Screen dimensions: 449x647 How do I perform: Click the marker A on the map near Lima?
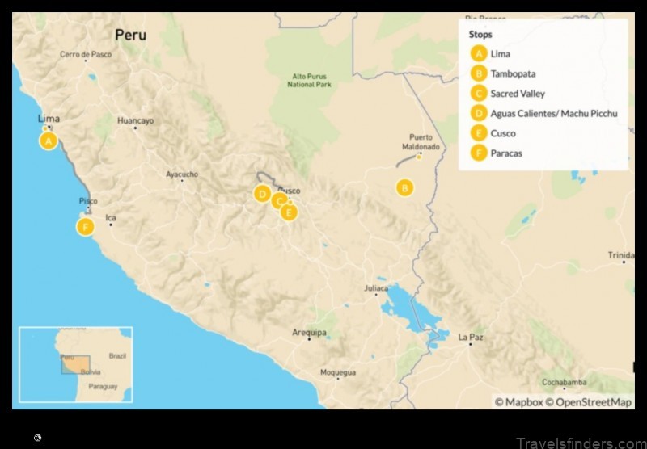coord(49,141)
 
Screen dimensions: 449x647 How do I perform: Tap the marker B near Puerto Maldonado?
coord(404,188)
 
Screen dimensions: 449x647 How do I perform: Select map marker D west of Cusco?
coord(262,194)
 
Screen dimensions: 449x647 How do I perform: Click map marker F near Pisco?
coord(86,227)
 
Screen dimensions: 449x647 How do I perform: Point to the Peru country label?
coord(131,35)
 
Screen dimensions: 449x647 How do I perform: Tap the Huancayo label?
coord(135,120)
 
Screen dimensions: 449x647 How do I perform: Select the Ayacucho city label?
coord(181,174)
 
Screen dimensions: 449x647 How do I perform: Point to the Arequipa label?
coord(310,333)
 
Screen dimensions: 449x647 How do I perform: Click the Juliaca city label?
coord(375,287)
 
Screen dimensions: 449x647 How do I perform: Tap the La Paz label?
coord(471,338)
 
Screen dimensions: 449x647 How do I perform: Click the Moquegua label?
coord(338,372)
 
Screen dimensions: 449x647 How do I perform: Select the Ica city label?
coord(112,217)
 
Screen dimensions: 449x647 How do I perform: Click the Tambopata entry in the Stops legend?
coord(513,73)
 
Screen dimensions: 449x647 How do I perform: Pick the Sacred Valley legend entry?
coord(518,94)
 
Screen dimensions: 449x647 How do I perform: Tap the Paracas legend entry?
coord(506,153)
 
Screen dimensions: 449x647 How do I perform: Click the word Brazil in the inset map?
coord(118,355)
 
